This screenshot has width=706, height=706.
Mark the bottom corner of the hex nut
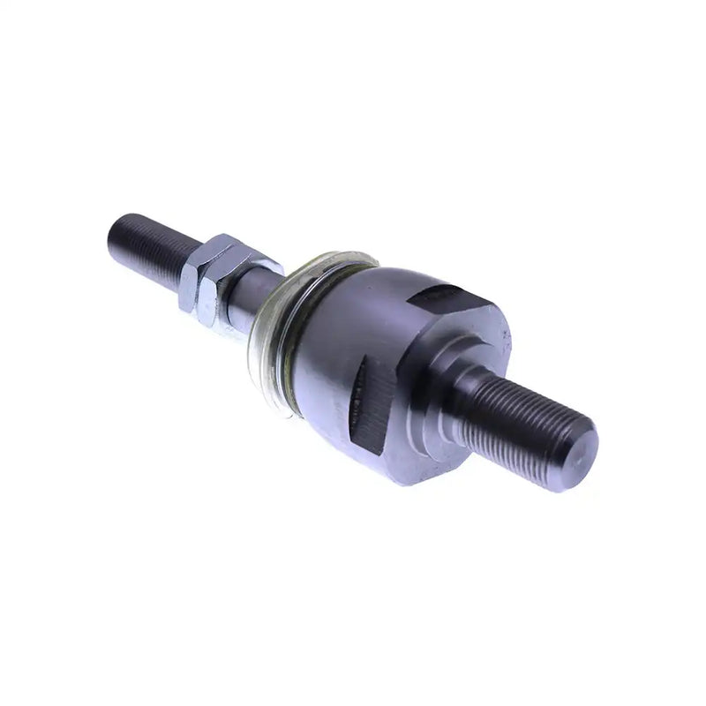click(x=208, y=321)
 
